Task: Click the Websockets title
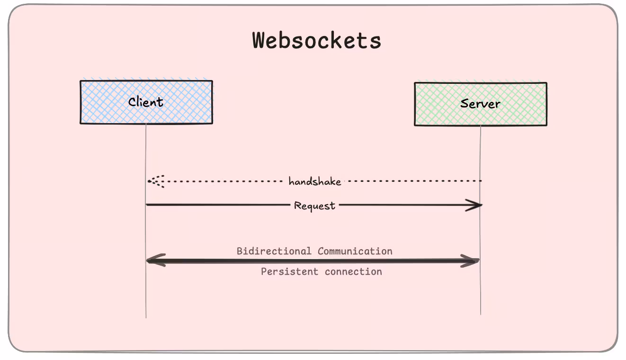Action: (316, 41)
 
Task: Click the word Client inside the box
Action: (146, 102)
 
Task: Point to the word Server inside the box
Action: (480, 104)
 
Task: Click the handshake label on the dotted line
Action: (315, 181)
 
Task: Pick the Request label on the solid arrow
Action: (314, 206)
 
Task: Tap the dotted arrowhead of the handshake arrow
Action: (154, 181)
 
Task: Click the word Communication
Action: (355, 251)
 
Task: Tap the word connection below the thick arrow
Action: (353, 271)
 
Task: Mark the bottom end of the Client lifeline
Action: (146, 317)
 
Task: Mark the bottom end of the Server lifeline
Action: (481, 314)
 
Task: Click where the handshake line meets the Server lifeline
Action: (481, 181)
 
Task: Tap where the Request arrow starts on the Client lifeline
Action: (146, 205)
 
